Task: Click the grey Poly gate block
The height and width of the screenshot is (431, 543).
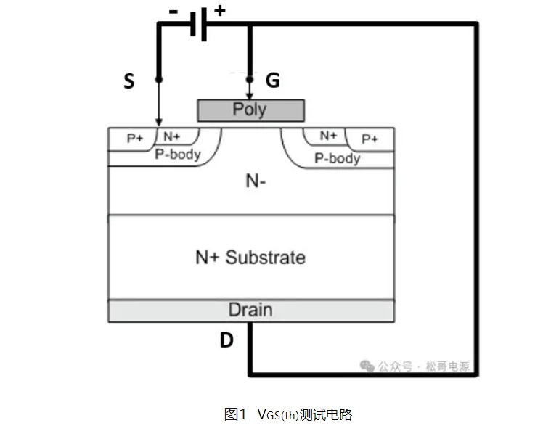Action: (x=250, y=110)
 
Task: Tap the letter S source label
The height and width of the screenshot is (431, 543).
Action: (x=129, y=82)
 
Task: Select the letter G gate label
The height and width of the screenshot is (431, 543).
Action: (x=272, y=81)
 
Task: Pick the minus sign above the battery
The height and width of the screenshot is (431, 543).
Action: (x=173, y=11)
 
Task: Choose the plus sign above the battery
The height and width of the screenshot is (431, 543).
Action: (x=219, y=10)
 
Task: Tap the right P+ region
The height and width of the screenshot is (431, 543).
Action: (x=370, y=139)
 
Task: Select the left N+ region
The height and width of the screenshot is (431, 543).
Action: (x=171, y=136)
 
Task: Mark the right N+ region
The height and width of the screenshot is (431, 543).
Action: (x=329, y=136)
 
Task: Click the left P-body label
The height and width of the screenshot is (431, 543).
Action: (x=178, y=154)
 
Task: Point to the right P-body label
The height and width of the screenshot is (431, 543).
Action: (x=337, y=157)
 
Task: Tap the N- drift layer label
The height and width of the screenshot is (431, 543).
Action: (x=256, y=181)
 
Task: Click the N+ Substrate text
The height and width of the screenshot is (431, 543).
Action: (x=250, y=257)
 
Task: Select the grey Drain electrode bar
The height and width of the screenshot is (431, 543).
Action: (x=250, y=311)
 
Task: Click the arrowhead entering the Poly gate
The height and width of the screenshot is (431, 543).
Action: (x=250, y=96)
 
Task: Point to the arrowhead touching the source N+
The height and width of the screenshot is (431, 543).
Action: (x=159, y=123)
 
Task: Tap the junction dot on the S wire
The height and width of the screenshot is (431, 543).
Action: (x=159, y=78)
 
